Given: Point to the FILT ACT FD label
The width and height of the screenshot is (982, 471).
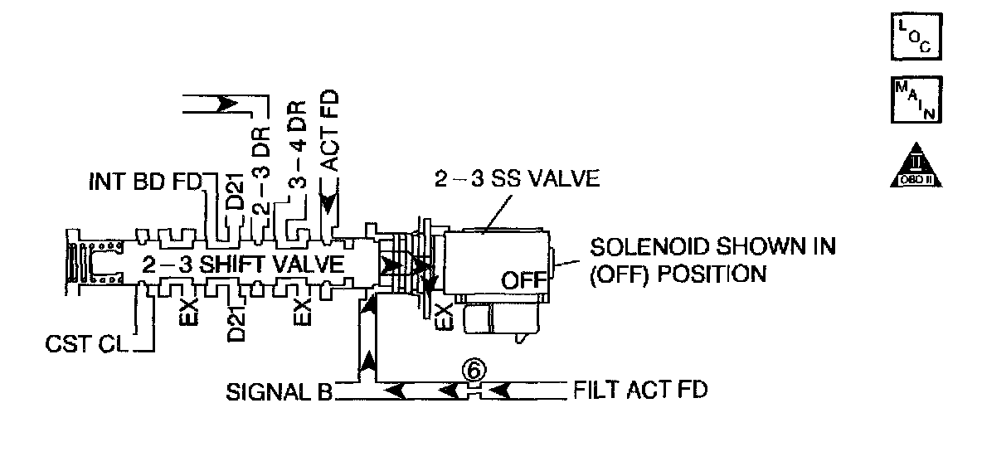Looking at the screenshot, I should click(x=640, y=390).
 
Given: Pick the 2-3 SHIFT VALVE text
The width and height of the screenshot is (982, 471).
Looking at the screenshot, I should click(x=242, y=266).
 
